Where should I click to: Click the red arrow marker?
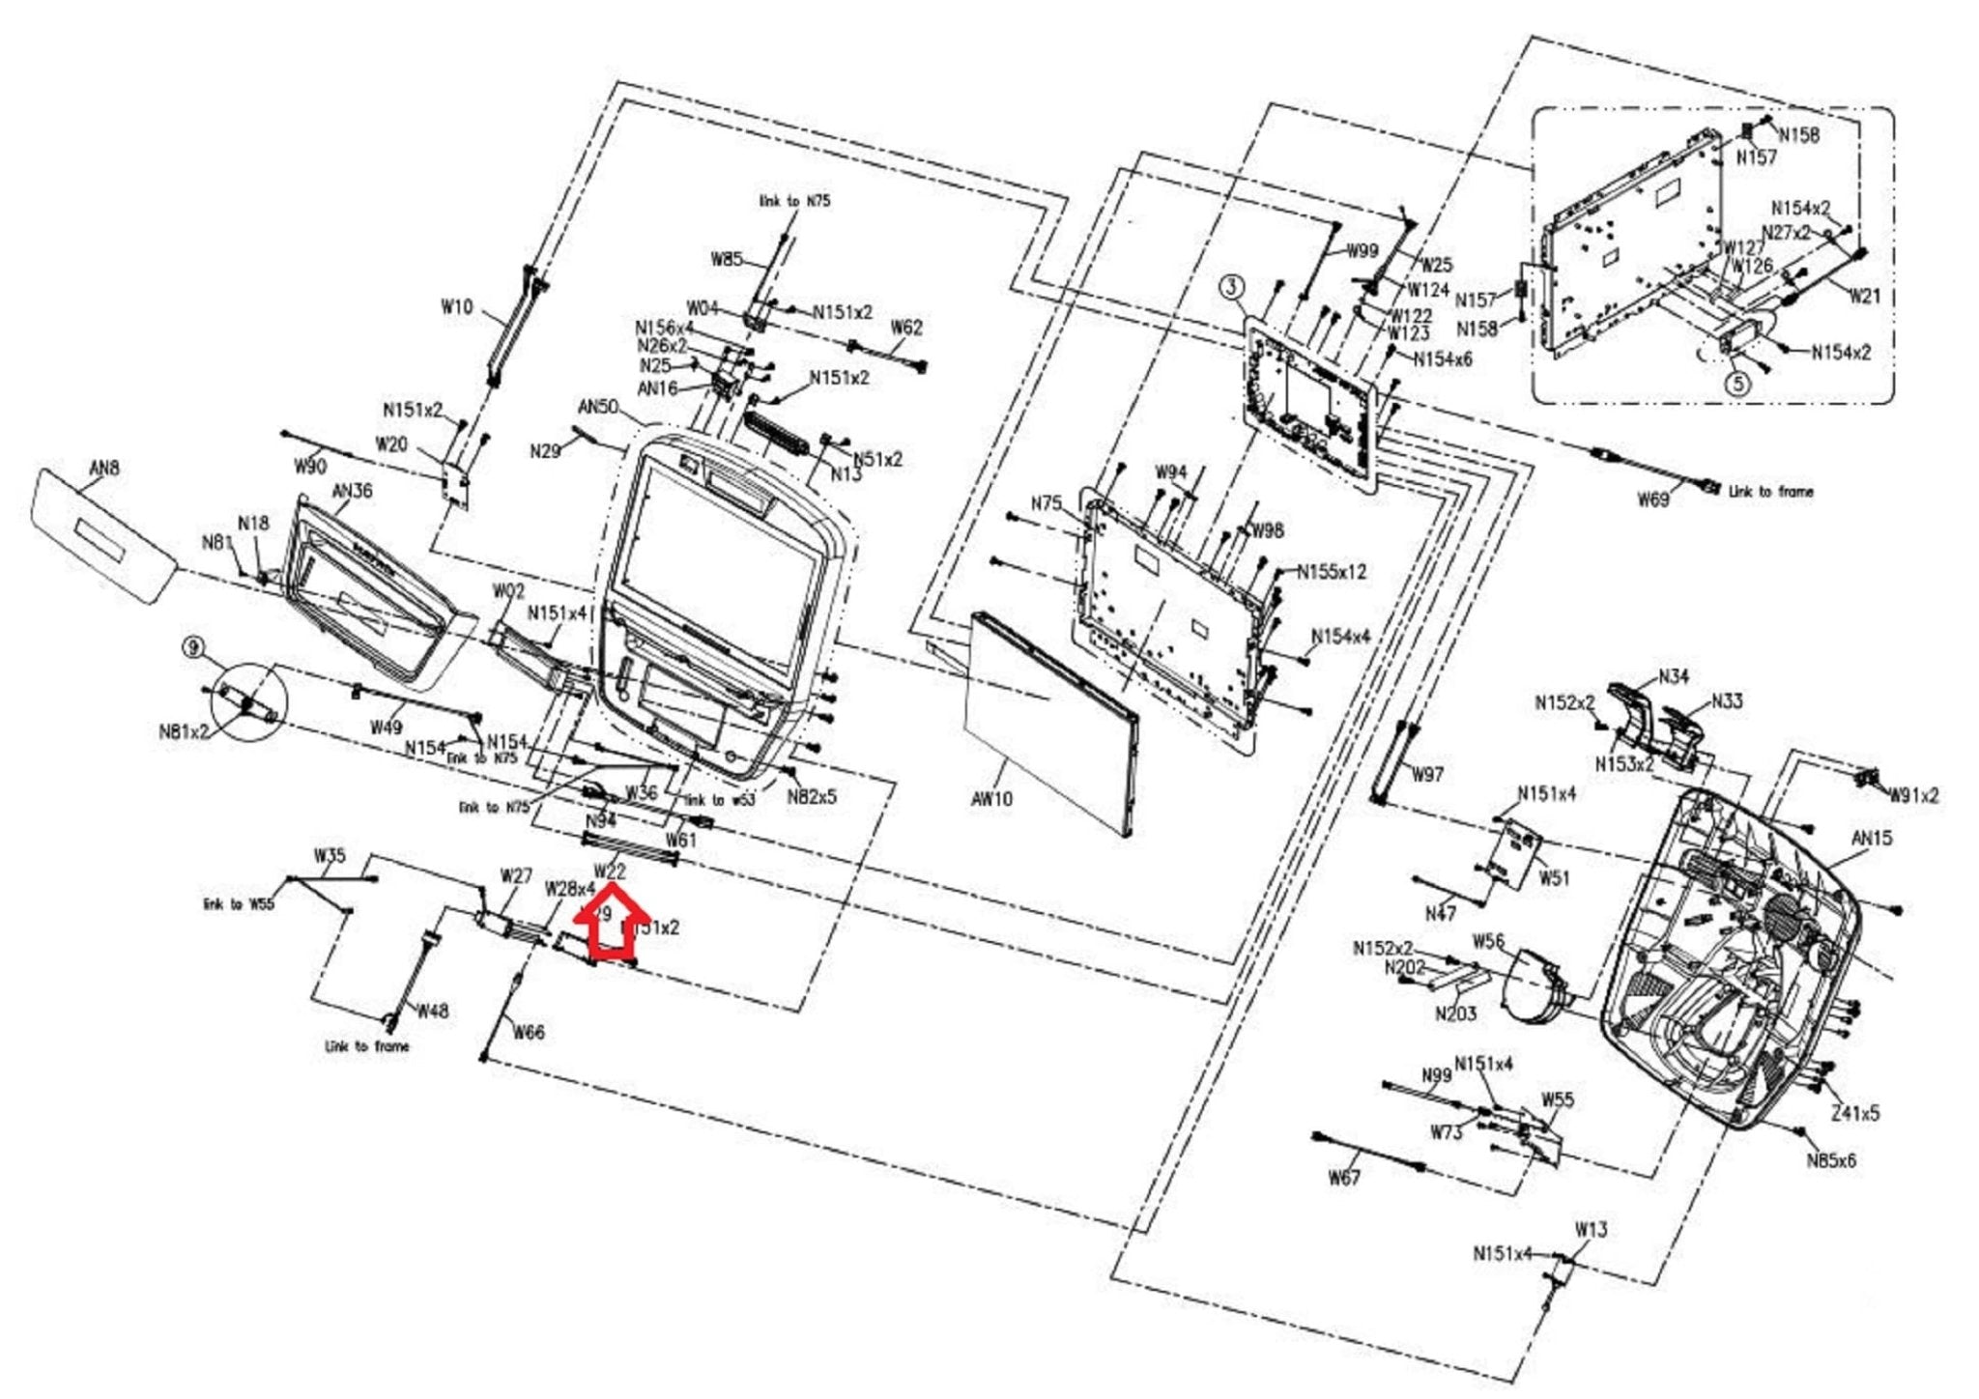pos(611,928)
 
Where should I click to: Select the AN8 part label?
pos(104,469)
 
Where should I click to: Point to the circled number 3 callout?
pos(1231,287)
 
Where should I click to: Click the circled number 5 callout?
pos(1737,384)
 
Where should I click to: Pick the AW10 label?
pos(991,799)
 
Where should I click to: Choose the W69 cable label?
pos(1653,500)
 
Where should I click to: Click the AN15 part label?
pos(1872,838)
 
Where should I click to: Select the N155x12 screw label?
pos(1332,572)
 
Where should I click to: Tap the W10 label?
pos(457,307)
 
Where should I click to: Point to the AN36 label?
pos(352,491)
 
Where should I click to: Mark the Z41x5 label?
pos(1855,1113)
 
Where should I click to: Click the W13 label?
pos(1591,1229)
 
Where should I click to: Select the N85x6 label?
pos(1831,1160)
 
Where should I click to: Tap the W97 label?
pos(1427,774)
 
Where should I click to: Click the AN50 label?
pos(598,406)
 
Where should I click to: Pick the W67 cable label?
pos(1344,1177)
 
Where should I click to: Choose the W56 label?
pos(1488,941)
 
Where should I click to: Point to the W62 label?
pos(906,328)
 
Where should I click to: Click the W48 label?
pos(433,1011)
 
